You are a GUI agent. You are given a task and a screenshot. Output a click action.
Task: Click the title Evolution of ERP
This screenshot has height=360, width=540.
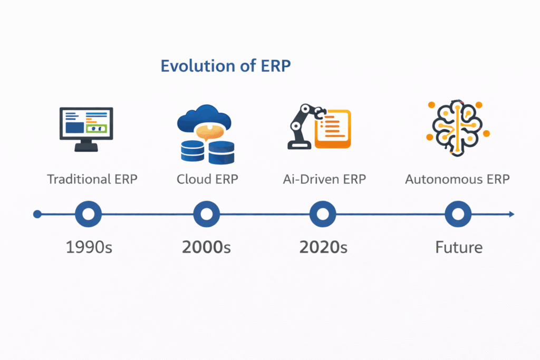pyautogui.click(x=226, y=66)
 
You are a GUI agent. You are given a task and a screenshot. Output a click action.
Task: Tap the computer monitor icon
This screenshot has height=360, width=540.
pyautogui.click(x=86, y=129)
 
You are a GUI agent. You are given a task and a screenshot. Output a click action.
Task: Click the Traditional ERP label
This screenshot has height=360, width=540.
pyautogui.click(x=92, y=179)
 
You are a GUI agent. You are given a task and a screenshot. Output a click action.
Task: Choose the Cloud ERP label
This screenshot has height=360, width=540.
pyautogui.click(x=207, y=179)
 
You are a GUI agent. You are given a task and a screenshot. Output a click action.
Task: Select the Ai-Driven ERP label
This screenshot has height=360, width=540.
pyautogui.click(x=324, y=179)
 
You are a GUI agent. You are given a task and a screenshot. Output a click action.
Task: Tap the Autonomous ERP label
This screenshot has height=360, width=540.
pyautogui.click(x=457, y=179)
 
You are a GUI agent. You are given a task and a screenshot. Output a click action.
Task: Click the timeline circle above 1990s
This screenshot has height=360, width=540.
pyautogui.click(x=89, y=214)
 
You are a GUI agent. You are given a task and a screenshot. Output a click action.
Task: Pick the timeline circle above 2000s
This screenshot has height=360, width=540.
pyautogui.click(x=206, y=214)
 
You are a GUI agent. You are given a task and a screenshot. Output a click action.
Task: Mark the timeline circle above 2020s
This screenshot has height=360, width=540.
pyautogui.click(x=323, y=214)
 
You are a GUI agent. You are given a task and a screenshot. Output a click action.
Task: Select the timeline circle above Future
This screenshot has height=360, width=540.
pyautogui.click(x=458, y=214)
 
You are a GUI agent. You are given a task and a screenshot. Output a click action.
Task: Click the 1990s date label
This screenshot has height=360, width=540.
pyautogui.click(x=89, y=247)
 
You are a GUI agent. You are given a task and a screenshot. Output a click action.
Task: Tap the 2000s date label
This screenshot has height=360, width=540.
pyautogui.click(x=207, y=247)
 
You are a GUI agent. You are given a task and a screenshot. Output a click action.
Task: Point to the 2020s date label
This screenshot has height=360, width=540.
pyautogui.click(x=323, y=247)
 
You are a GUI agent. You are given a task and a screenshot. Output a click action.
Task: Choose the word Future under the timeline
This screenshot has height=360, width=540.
pyautogui.click(x=459, y=247)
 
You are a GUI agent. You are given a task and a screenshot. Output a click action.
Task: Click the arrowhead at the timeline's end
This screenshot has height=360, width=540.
pyautogui.click(x=511, y=214)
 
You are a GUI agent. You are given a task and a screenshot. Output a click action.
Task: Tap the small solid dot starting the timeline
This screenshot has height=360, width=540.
pyautogui.click(x=37, y=214)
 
